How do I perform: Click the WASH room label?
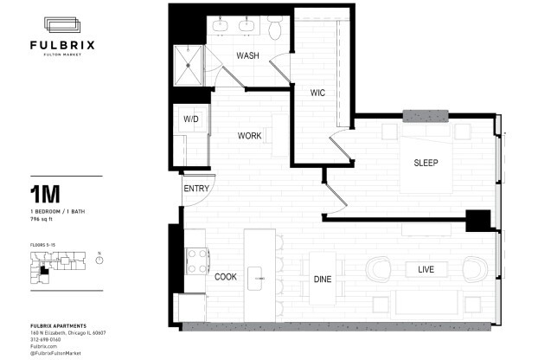[x=249, y=56]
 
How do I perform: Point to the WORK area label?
[x=251, y=136]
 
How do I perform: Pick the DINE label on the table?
[x=322, y=279]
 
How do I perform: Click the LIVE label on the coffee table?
[x=426, y=270]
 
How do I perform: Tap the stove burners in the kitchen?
[x=196, y=257]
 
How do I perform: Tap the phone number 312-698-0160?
[x=48, y=338]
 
